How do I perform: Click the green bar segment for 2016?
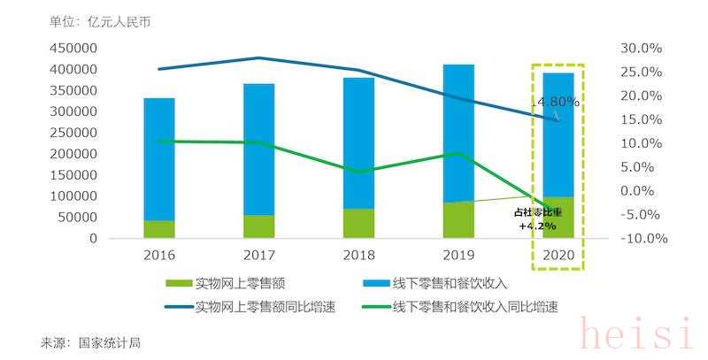click(x=159, y=229)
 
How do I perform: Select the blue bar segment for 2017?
click(x=259, y=149)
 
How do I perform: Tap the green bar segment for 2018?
click(x=359, y=223)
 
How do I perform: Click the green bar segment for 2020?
click(x=558, y=218)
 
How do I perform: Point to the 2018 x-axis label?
click(x=359, y=255)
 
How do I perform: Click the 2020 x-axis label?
click(x=558, y=255)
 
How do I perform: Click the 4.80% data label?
click(x=558, y=102)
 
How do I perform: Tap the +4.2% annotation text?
click(x=537, y=226)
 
